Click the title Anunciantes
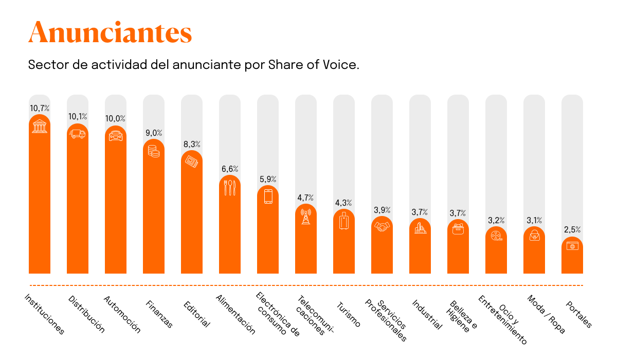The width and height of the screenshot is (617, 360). [x=110, y=33]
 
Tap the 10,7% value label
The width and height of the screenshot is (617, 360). [x=40, y=108]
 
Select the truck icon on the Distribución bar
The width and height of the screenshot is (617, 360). [x=78, y=134]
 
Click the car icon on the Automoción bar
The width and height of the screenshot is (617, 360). [x=116, y=136]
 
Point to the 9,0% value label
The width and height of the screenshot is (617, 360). [x=154, y=133]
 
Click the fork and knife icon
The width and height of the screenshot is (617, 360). [x=230, y=187]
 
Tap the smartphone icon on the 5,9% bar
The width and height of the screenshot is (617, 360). [x=268, y=197]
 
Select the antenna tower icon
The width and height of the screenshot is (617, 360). [x=306, y=216]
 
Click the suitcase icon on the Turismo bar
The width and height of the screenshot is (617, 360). [x=344, y=220]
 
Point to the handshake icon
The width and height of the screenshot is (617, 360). [x=382, y=226]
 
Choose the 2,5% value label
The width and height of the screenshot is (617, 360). [x=572, y=229]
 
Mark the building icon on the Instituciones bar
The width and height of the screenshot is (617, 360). [x=40, y=125]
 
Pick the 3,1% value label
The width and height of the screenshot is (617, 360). [x=534, y=220]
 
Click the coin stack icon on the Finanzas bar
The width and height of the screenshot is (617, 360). [x=154, y=151]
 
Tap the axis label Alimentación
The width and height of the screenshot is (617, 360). [x=235, y=314]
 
